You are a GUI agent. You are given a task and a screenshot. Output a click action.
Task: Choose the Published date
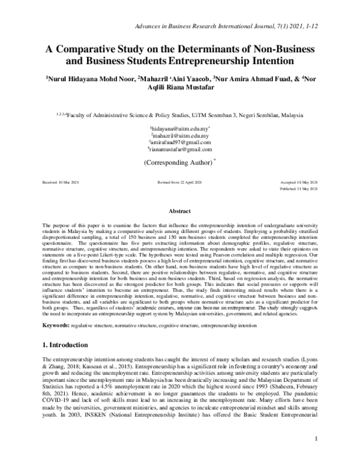pyautogui.click(x=298, y=188)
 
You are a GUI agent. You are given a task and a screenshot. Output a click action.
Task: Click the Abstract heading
pyautogui.click(x=179, y=211)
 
